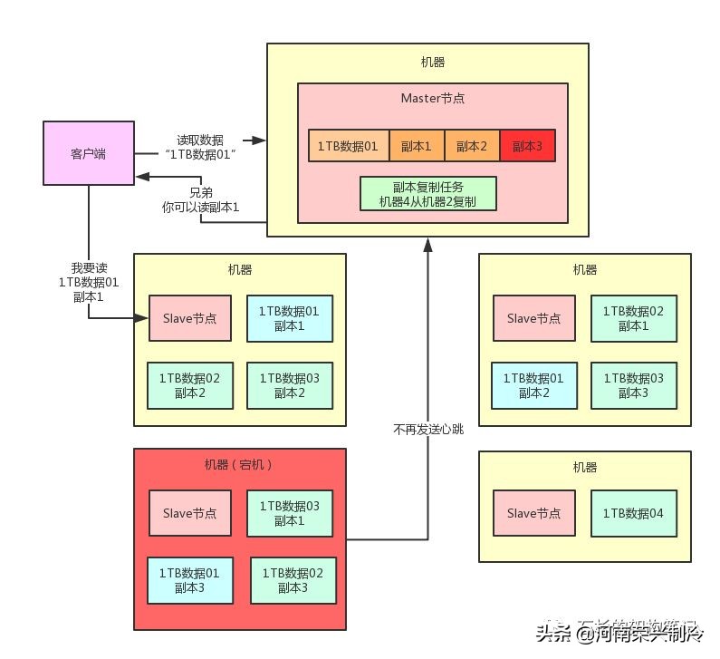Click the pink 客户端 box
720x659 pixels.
[88, 153]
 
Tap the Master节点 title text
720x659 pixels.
[433, 98]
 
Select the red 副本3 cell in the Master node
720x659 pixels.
[526, 146]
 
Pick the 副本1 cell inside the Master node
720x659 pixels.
[416, 146]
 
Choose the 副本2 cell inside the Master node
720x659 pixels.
[471, 146]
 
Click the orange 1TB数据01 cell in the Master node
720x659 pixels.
[348, 146]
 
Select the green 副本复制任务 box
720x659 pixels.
[428, 194]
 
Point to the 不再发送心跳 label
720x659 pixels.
[427, 429]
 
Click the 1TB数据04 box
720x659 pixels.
[633, 513]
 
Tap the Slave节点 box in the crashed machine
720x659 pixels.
[189, 513]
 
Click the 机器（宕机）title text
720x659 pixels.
[239, 465]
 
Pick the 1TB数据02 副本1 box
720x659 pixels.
[632, 318]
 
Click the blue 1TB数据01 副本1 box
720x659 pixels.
[289, 318]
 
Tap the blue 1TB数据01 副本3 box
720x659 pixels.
[189, 580]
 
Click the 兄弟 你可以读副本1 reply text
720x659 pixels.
[201, 199]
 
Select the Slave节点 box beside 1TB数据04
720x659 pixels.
[533, 513]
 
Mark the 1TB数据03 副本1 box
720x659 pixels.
[289, 513]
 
